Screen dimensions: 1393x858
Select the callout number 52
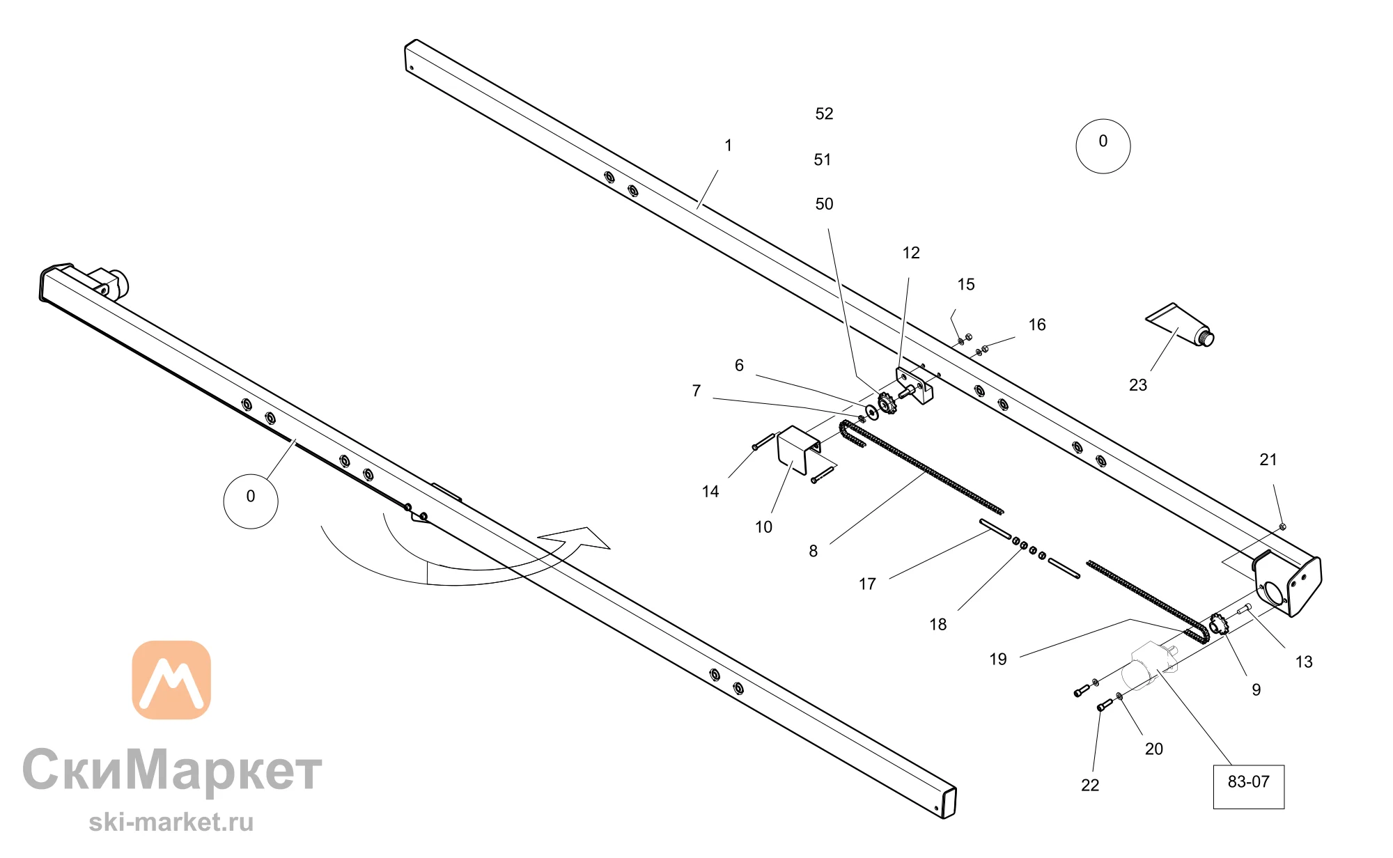click(824, 114)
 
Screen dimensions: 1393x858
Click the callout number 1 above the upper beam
click(728, 146)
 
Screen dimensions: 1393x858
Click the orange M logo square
click(171, 680)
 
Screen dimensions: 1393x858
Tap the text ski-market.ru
click(171, 822)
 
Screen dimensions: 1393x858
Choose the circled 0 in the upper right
click(1103, 146)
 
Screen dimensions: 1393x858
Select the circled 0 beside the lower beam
click(251, 501)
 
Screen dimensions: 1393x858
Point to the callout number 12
click(911, 253)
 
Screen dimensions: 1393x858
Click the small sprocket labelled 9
click(1218, 623)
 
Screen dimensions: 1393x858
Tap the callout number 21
click(1268, 460)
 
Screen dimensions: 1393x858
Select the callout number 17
click(867, 584)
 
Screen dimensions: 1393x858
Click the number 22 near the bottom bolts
click(1090, 786)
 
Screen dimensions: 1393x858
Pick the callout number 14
click(710, 492)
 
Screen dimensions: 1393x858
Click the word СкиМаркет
click(172, 770)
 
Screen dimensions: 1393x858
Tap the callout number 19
click(998, 660)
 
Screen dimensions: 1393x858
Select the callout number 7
click(696, 391)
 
